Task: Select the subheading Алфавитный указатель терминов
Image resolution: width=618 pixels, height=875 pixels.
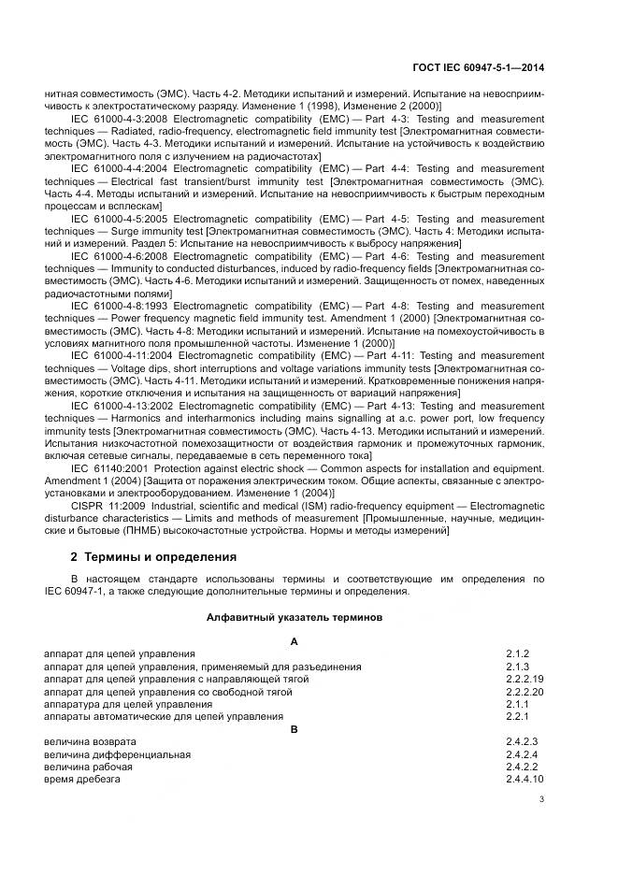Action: point(294,617)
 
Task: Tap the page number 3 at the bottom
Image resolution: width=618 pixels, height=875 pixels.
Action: point(541,798)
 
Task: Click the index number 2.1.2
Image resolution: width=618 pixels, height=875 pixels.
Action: point(518,654)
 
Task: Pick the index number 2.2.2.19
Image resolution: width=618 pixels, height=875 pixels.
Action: point(525,680)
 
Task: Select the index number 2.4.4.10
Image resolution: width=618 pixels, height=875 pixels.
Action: point(525,779)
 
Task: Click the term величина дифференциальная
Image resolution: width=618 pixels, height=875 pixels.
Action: point(118,754)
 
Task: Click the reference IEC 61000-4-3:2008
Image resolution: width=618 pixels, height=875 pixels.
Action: point(119,120)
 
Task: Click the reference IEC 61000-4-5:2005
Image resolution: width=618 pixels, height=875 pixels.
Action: point(119,218)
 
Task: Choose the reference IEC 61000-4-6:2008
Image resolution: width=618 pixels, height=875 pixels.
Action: point(119,254)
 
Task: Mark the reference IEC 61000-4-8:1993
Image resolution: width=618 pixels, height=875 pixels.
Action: point(119,304)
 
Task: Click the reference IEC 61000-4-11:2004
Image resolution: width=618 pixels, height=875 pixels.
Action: point(122,354)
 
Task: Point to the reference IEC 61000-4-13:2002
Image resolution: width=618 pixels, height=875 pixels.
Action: point(122,404)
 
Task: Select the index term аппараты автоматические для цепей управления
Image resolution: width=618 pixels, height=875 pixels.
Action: point(164,716)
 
